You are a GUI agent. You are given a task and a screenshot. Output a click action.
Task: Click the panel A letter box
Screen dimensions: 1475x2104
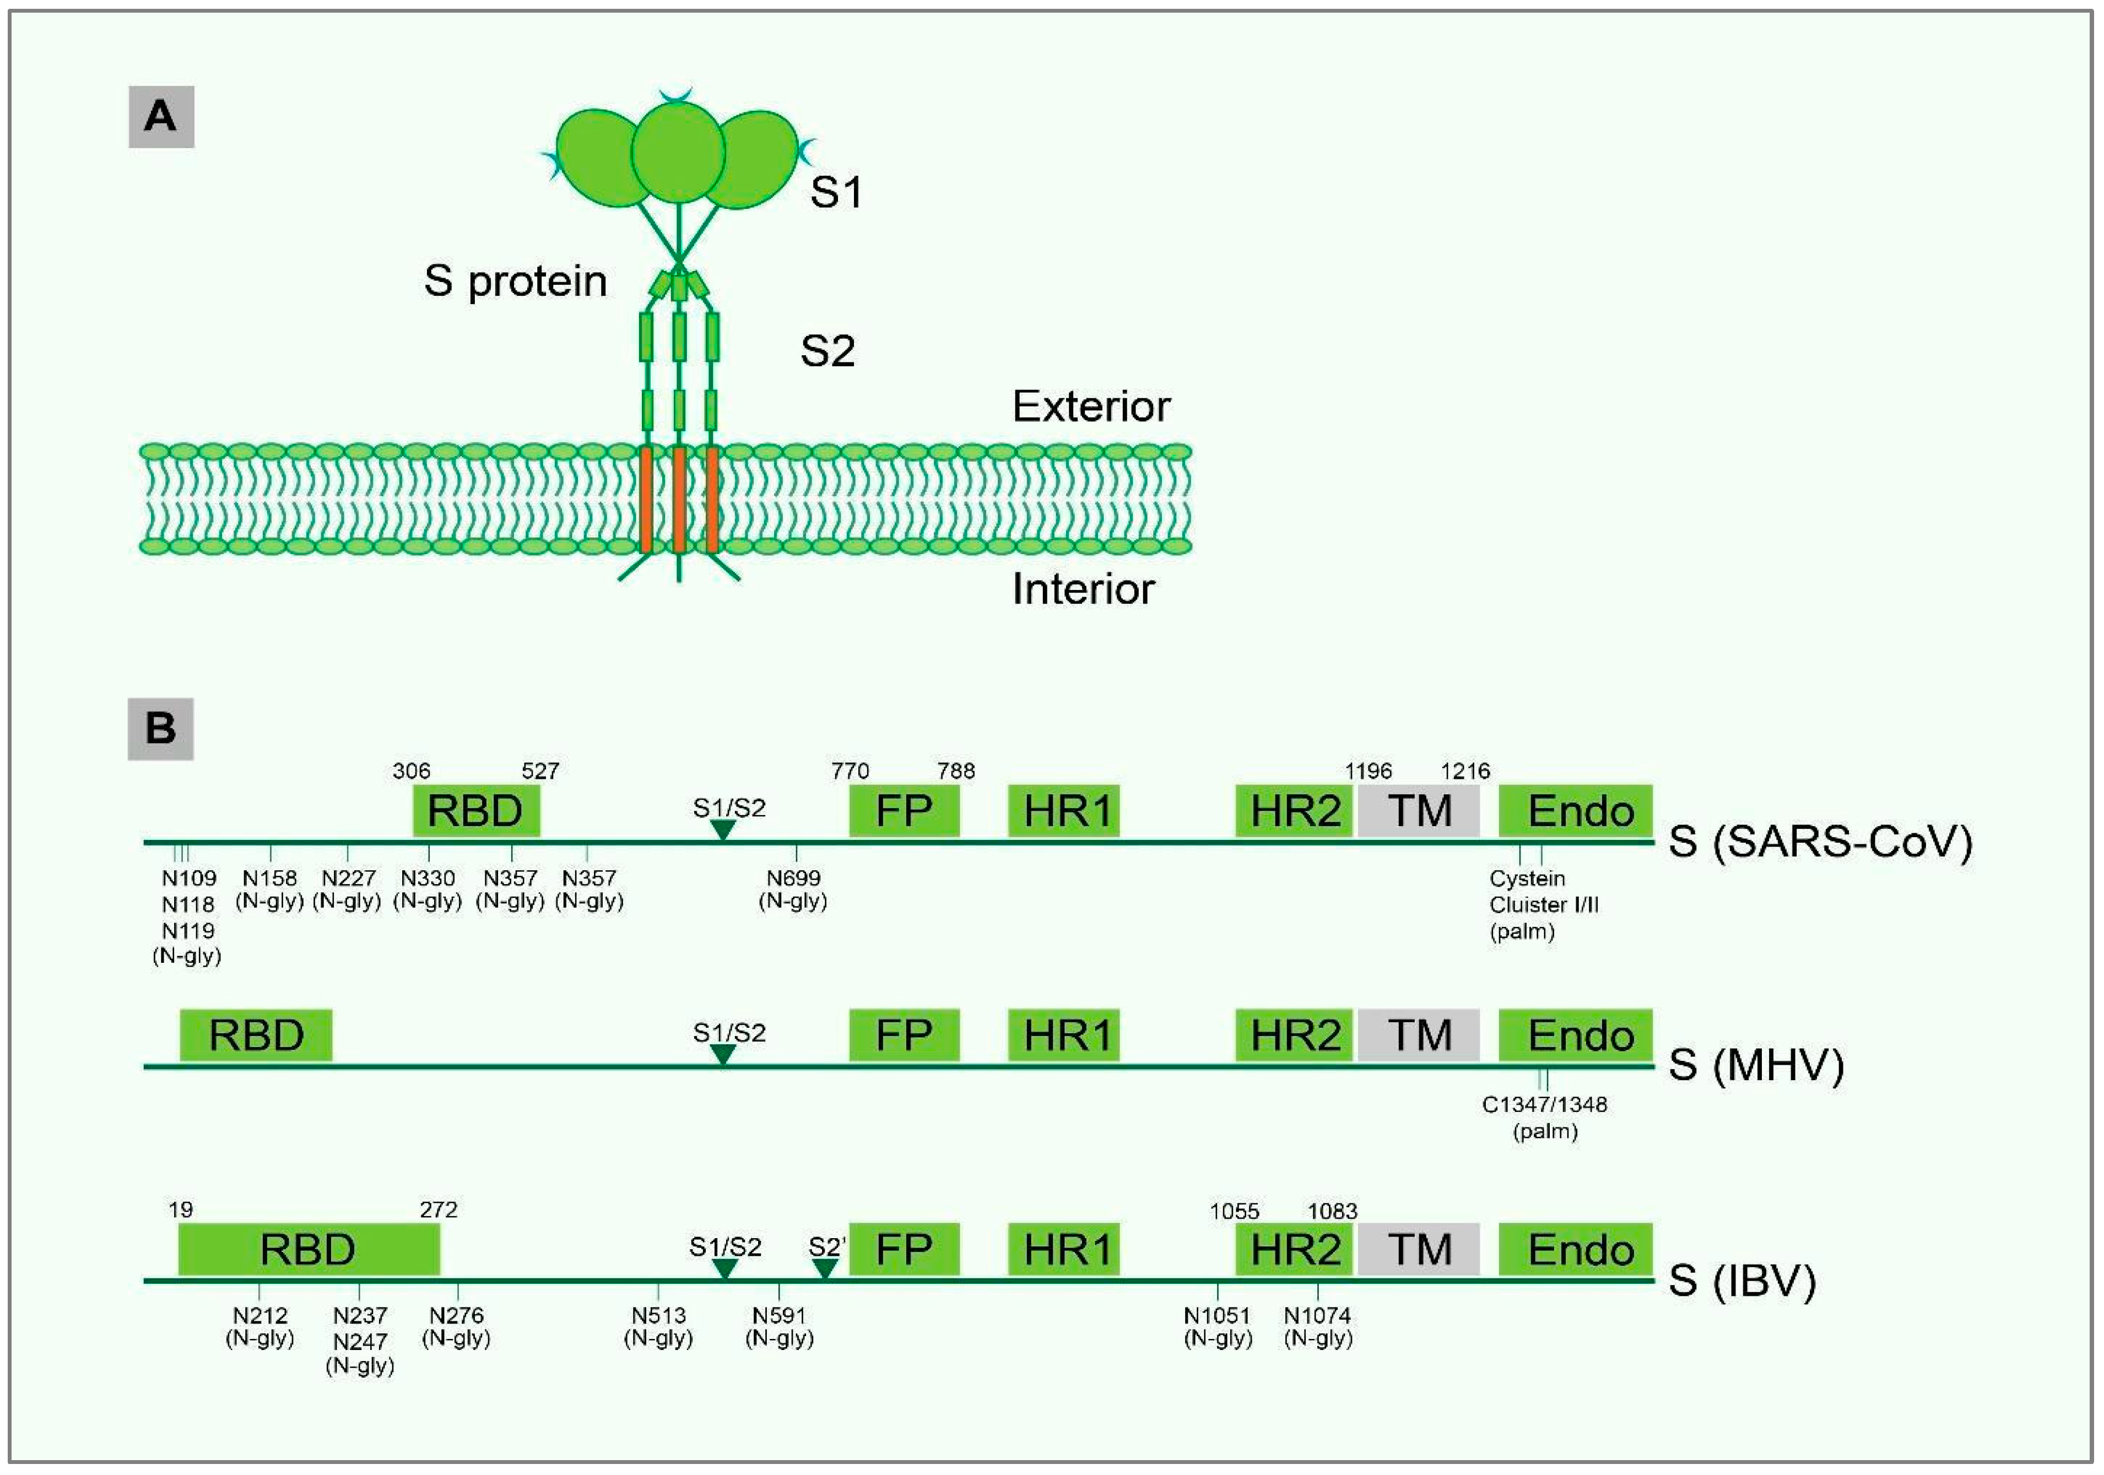[x=161, y=116]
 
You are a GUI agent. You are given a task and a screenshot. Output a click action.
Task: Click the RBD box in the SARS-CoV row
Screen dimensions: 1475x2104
[x=475, y=811]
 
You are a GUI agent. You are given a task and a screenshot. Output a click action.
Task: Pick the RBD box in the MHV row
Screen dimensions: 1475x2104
[x=256, y=1035]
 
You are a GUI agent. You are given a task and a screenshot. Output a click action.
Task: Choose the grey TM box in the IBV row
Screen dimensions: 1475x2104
[x=1419, y=1250]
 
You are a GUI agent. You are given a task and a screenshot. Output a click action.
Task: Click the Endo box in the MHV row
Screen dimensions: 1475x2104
[x=1575, y=1035]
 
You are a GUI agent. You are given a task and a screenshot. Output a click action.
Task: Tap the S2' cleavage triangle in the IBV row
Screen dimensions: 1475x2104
[x=825, y=1269]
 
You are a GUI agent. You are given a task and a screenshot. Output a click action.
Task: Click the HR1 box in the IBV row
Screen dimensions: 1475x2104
[x=1064, y=1250]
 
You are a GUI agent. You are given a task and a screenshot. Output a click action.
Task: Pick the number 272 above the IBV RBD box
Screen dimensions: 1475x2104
[x=438, y=1210]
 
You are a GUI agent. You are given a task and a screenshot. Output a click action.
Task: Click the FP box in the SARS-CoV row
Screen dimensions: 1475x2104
[x=904, y=811]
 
